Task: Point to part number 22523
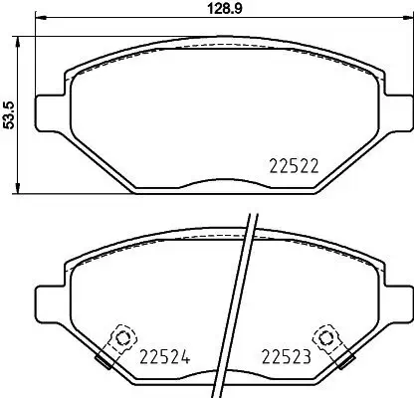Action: coord(286,354)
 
